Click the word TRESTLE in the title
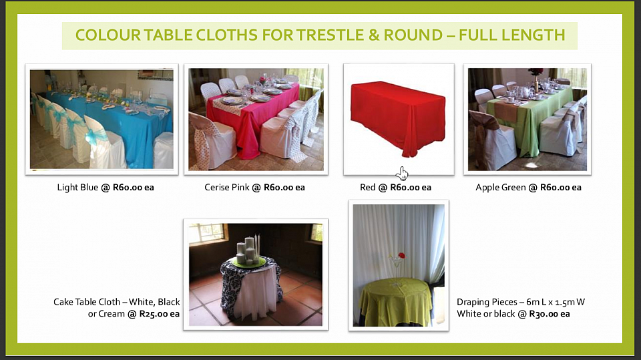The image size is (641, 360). (330, 35)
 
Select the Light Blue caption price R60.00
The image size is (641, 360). (127, 188)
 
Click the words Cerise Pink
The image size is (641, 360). (227, 188)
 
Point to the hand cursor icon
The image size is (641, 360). (402, 174)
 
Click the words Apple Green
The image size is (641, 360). (501, 188)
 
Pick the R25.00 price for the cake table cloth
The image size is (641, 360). (154, 314)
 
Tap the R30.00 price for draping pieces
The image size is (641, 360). (544, 314)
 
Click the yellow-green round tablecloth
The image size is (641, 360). (395, 301)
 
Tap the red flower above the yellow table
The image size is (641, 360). (401, 256)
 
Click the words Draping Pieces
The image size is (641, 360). (487, 302)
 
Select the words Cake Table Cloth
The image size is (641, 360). (87, 302)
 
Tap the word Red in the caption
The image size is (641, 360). (367, 188)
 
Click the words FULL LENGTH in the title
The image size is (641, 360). (512, 35)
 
